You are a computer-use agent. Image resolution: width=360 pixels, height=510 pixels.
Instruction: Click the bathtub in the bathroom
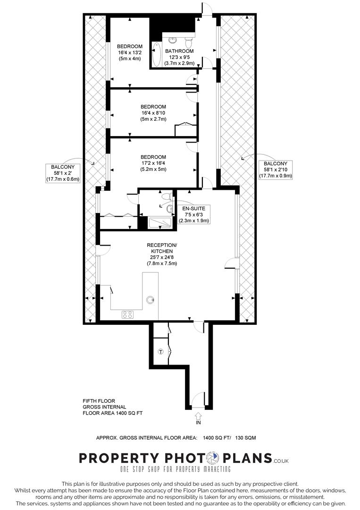(156, 54)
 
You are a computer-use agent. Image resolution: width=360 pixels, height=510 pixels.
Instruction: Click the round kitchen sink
(151, 299)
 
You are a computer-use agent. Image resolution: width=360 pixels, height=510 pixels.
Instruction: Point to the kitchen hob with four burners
(128, 314)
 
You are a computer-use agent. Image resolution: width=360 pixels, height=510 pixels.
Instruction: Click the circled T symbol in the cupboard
(160, 352)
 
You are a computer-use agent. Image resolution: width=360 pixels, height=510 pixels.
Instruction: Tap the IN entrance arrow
(198, 416)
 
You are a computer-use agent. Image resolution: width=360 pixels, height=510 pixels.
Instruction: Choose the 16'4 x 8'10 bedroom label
(153, 113)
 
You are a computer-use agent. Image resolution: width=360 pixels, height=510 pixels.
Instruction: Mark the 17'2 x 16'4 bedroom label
(153, 163)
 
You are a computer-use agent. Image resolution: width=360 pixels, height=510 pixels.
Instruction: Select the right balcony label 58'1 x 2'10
(276, 170)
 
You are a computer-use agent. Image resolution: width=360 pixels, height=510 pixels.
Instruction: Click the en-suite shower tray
(161, 223)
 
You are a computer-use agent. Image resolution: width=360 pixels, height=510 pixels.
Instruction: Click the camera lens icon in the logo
(213, 458)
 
